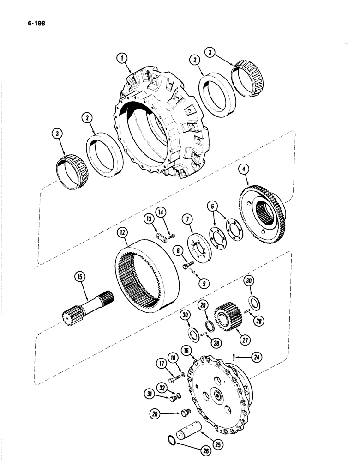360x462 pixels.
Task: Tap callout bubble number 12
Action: tap(123, 234)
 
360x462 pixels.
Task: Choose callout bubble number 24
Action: tap(257, 356)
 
